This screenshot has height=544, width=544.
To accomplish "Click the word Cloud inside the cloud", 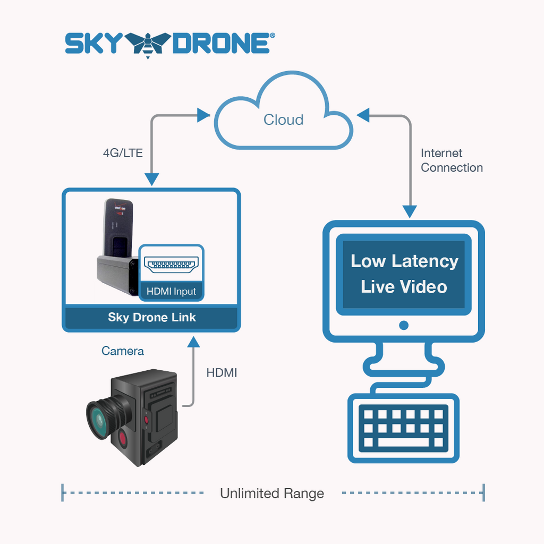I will point(283,120).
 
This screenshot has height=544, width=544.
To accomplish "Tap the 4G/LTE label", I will point(123,154).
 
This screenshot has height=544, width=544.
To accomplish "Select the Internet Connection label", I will point(451,160).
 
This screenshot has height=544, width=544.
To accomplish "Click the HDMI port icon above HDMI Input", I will point(171,265).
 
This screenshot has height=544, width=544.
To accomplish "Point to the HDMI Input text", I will point(171,292).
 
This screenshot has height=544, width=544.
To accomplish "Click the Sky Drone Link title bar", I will point(151,318).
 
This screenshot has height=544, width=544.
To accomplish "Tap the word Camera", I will point(122,351).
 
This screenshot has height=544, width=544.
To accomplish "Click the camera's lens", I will point(99,420).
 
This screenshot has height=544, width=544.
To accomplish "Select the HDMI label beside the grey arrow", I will point(222,373).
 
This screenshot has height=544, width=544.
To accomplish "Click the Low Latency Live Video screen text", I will point(404,274).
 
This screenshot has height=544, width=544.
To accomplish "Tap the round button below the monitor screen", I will point(404,325).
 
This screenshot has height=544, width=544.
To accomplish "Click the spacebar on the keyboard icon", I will point(404,442).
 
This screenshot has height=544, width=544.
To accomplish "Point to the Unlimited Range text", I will point(272,494).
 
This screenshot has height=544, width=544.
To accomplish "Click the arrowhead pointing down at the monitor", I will point(410,212).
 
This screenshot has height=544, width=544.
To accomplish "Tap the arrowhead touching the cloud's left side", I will point(205,114).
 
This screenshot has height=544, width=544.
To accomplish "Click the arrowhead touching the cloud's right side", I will point(363,114).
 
